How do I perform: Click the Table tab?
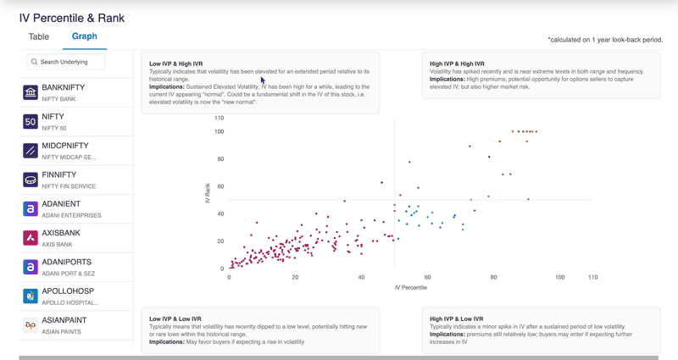39,36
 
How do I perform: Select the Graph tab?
84,36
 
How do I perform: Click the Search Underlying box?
66,62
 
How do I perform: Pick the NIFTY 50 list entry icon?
30,121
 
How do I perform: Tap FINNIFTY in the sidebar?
63,174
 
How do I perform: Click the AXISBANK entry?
64,233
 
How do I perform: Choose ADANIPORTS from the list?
67,263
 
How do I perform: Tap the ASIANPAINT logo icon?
30,325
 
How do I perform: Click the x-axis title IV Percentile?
411,288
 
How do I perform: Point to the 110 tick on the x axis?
592,277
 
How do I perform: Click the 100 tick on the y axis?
219,131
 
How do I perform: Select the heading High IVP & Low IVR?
457,318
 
